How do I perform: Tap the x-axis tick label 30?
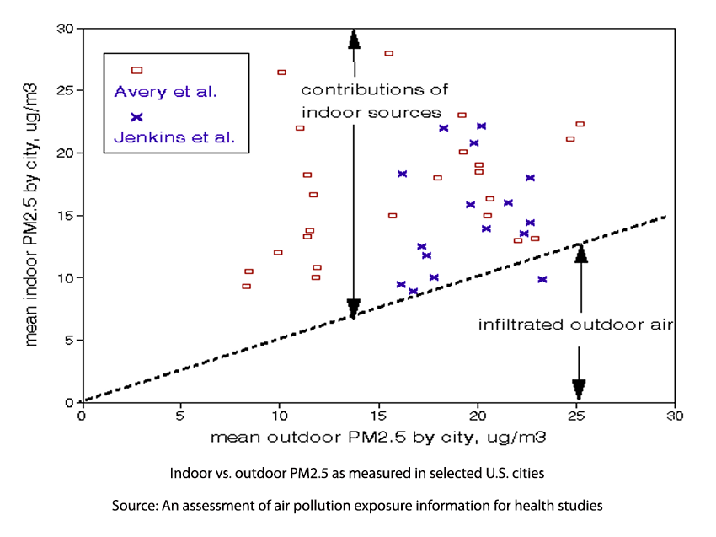coord(674,416)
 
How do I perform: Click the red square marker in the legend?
coord(137,70)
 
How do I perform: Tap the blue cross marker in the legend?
coord(137,117)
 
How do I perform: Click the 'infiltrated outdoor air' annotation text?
coord(575,324)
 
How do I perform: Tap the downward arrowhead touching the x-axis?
coord(579,389)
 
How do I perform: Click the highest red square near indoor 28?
coord(388,53)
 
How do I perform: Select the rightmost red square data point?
coord(580,124)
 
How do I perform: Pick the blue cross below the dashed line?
coord(542,279)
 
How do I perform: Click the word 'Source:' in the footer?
coord(133,506)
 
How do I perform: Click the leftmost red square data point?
coord(246,286)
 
